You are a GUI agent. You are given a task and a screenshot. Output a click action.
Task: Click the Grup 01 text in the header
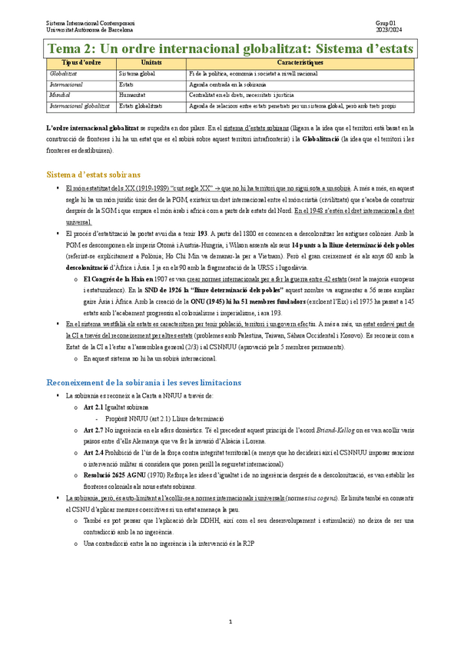coord(386,25)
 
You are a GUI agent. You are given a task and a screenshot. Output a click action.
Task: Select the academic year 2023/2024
coord(388,31)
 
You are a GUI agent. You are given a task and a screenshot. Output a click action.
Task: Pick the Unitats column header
coord(151,62)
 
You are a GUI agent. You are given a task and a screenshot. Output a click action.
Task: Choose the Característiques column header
coord(299,62)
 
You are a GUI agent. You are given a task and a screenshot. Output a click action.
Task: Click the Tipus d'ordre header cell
coord(80,62)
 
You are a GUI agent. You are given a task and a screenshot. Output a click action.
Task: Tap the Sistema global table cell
coord(138,72)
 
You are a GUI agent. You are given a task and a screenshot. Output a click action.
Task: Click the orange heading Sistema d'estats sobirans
coord(94,175)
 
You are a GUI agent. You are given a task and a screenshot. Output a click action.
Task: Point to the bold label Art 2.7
coord(92,430)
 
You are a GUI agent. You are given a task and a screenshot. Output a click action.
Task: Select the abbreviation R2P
coord(248,544)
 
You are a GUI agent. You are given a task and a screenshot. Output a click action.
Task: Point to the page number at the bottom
coord(230,620)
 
